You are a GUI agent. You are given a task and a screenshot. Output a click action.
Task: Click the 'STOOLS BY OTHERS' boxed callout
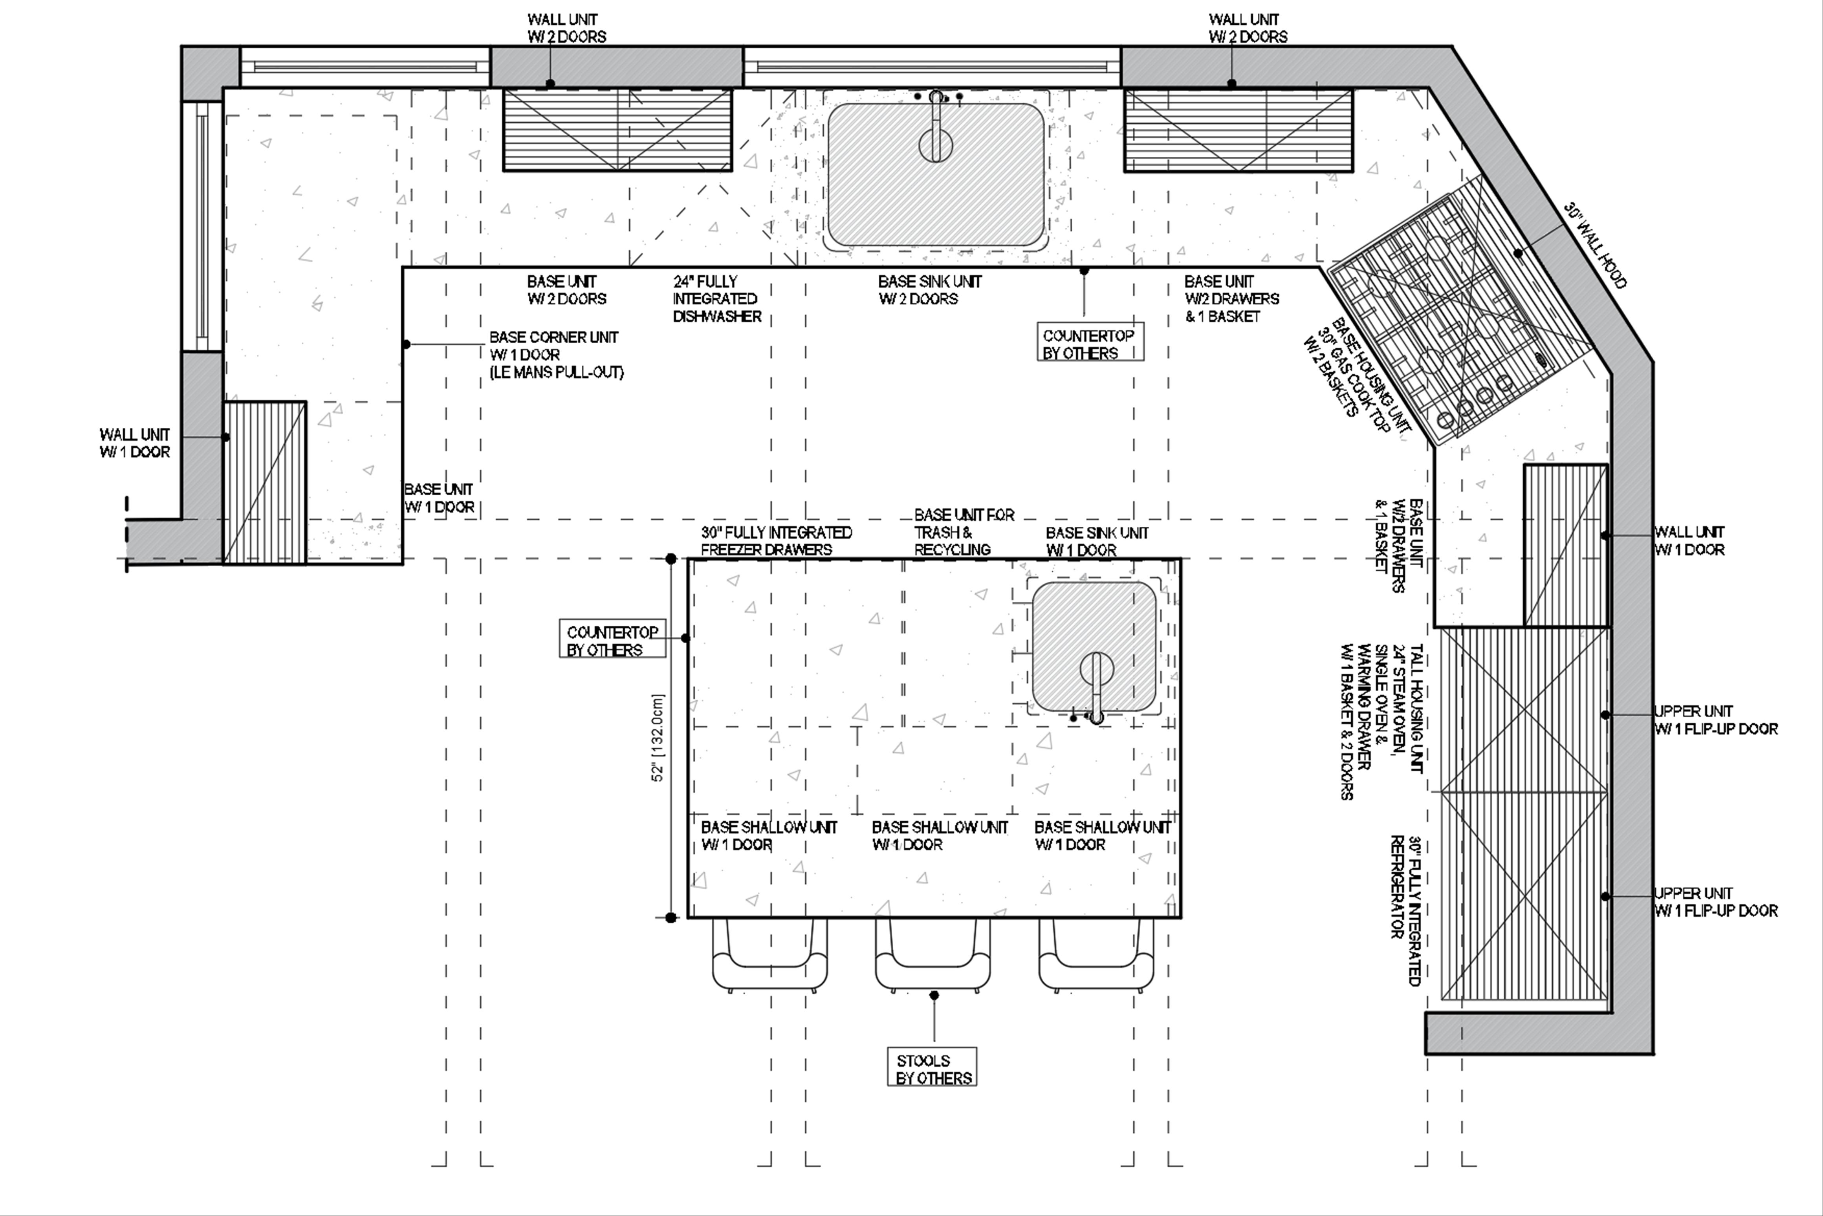point(932,1069)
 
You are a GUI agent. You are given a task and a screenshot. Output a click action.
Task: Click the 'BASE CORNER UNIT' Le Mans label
point(556,354)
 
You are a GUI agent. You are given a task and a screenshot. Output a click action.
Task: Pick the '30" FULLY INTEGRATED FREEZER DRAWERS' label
point(776,540)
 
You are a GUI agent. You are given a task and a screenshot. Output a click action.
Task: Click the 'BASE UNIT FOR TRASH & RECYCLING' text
point(964,532)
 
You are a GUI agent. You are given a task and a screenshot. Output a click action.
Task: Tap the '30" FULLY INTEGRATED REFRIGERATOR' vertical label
point(1407,910)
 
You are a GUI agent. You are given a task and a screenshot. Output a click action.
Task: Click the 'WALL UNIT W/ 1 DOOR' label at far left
point(134,443)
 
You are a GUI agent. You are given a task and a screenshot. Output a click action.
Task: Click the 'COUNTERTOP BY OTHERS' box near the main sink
point(1090,344)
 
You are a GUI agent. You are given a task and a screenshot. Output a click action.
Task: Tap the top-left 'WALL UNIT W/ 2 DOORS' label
point(566,28)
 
